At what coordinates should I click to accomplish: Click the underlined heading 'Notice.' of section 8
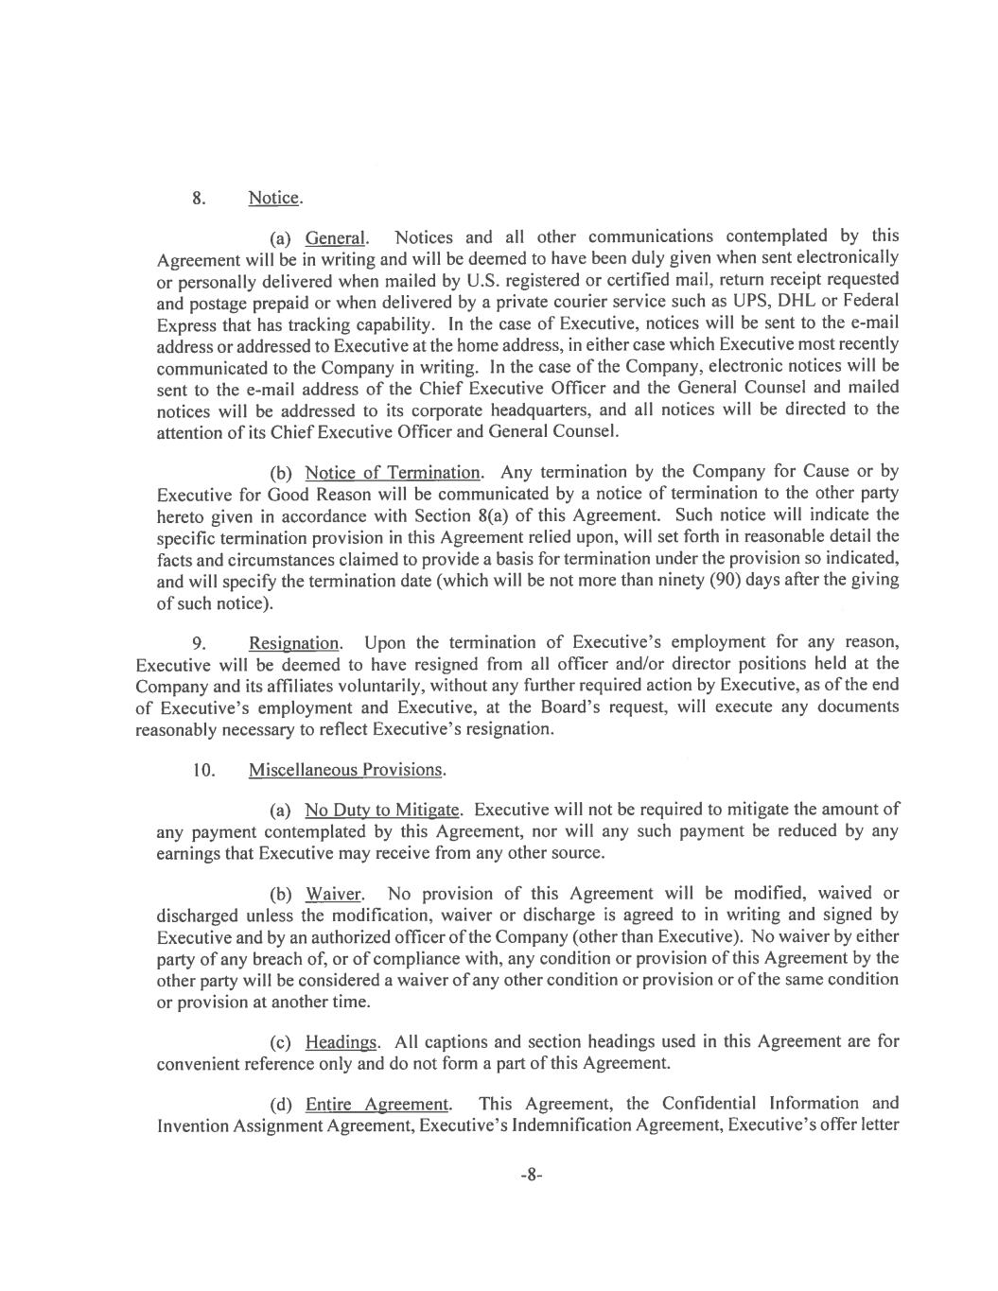275,198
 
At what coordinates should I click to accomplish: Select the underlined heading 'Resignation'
294,643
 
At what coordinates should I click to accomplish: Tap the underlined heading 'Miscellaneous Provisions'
346,769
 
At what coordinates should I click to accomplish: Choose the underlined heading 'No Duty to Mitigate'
382,810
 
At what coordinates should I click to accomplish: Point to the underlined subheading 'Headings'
341,1042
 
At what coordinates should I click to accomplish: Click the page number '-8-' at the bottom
531,1175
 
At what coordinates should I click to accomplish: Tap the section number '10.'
203,769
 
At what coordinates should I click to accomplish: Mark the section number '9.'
199,644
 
